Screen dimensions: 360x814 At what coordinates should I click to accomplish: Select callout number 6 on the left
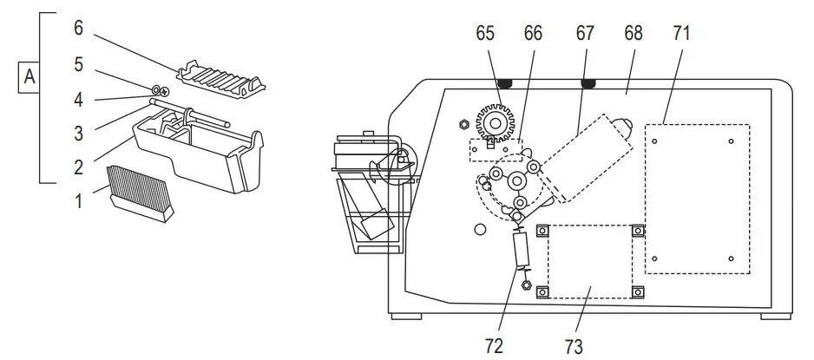(78, 28)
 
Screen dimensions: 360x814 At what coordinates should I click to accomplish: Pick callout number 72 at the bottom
(495, 345)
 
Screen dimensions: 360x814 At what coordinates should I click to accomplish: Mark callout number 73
(574, 345)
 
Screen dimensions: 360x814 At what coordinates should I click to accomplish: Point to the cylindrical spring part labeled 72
(522, 252)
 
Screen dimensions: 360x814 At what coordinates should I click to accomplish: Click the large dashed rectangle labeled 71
(697, 199)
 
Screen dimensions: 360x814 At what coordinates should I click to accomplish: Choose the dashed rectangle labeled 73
(590, 260)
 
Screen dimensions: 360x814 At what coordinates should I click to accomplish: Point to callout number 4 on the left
(78, 99)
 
